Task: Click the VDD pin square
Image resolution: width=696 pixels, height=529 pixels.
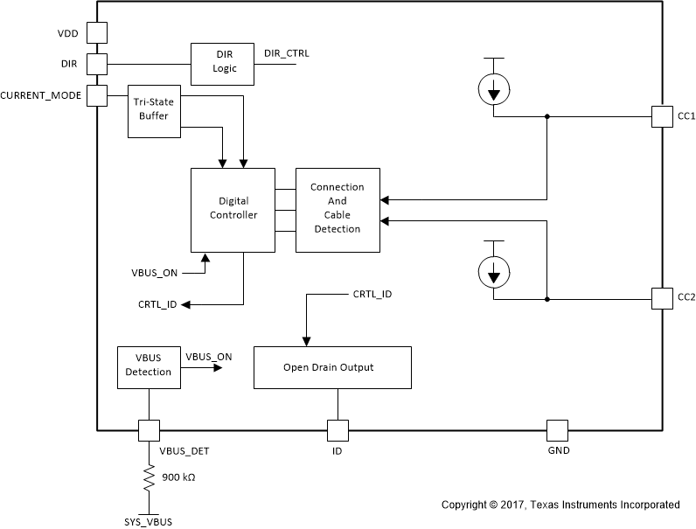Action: click(96, 32)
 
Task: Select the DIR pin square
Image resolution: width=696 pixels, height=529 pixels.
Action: click(96, 64)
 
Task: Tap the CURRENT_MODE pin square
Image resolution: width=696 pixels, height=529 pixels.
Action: click(96, 94)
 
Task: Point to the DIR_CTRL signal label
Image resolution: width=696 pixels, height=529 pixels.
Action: click(286, 53)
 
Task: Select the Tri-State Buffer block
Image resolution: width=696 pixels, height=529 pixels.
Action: click(153, 111)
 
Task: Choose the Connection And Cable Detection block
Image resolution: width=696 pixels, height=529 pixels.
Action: click(337, 210)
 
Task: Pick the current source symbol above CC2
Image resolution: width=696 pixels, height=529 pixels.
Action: click(494, 273)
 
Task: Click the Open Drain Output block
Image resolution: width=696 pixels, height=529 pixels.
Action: click(332, 367)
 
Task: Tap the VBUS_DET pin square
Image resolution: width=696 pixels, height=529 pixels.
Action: click(149, 430)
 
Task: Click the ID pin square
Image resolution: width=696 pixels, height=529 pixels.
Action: click(338, 430)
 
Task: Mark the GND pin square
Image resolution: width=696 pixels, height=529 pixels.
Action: click(557, 430)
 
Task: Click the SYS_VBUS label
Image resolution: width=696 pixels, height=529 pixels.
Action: click(149, 521)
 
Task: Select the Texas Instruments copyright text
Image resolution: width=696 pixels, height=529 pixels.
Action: click(560, 505)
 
